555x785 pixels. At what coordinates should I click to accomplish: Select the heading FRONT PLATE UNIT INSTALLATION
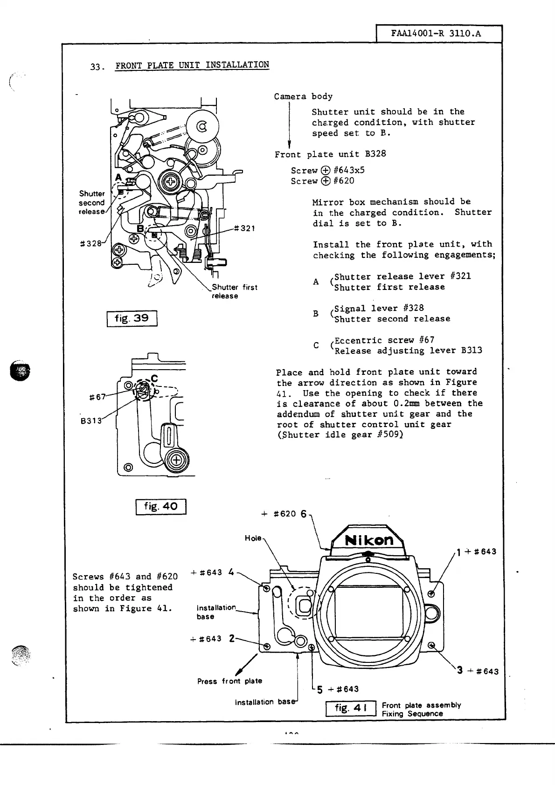[x=192, y=65]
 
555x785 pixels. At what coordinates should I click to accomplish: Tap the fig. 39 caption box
[x=132, y=318]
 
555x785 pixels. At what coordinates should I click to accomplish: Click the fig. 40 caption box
[x=160, y=506]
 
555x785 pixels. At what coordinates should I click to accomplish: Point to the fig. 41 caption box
[x=350, y=709]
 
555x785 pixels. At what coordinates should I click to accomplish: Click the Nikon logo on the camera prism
[x=369, y=540]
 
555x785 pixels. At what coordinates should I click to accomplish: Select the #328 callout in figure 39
[x=91, y=243]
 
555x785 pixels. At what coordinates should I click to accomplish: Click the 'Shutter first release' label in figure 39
[x=234, y=291]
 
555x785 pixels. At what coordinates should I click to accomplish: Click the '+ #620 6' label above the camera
[x=284, y=514]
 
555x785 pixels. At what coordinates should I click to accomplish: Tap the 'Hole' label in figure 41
[x=253, y=538]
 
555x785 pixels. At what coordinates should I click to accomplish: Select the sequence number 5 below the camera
[x=319, y=689]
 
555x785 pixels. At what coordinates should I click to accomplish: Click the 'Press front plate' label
[x=229, y=681]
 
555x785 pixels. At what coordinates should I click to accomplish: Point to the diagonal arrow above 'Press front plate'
[x=247, y=664]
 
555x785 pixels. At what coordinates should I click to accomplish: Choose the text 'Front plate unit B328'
[x=330, y=154]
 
